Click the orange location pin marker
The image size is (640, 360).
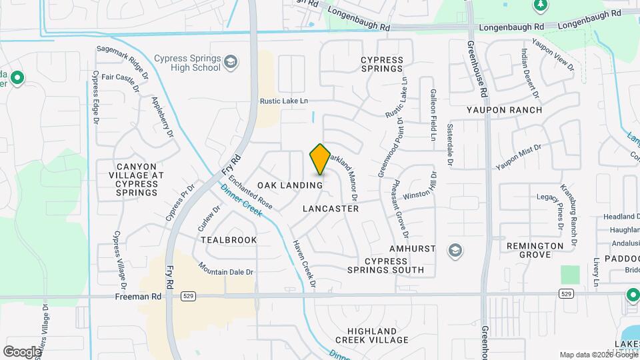pos(321,159)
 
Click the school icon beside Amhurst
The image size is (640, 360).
pos(455,250)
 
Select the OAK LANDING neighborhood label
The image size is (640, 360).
pos(290,185)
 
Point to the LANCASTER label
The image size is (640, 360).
pos(331,209)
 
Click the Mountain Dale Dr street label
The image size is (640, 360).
pos(226,268)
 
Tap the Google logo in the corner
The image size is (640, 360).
pos(22,351)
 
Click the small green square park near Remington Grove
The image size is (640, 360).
pos(570,275)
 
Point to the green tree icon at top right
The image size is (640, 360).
pos(542,6)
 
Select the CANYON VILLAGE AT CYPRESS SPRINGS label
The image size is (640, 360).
pos(136,179)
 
